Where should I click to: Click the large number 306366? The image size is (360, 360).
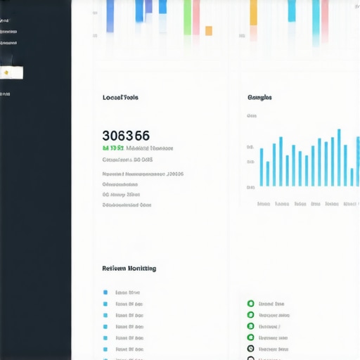pos(126,136)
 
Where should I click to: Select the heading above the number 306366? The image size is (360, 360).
pos(120,98)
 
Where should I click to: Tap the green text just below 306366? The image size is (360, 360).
pos(113,148)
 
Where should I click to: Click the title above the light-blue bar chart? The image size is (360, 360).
pos(259,98)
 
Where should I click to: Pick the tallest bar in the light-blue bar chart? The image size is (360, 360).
pos(338,157)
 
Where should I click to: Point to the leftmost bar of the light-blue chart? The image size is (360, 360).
pos(261,167)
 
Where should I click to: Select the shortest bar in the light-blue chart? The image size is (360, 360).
pos(352,176)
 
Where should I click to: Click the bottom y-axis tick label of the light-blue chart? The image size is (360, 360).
pos(250,188)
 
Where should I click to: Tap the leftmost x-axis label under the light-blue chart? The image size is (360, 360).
pos(264,204)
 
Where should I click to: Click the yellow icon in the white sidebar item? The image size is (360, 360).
pos(6,72)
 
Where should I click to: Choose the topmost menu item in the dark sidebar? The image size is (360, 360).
pos(6,20)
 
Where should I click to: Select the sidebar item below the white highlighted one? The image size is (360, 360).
pos(6,94)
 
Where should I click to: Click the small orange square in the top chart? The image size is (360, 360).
pos(208,30)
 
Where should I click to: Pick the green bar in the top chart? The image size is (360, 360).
pos(188,17)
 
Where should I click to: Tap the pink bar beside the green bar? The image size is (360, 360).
pos(196,17)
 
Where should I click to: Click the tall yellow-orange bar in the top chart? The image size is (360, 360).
pos(253,12)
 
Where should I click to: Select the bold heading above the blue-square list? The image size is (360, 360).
pos(129,269)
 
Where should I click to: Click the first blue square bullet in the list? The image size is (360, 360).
pos(105,292)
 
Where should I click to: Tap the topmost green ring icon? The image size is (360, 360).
pos(250,304)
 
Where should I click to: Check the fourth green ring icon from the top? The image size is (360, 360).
pos(250,337)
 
